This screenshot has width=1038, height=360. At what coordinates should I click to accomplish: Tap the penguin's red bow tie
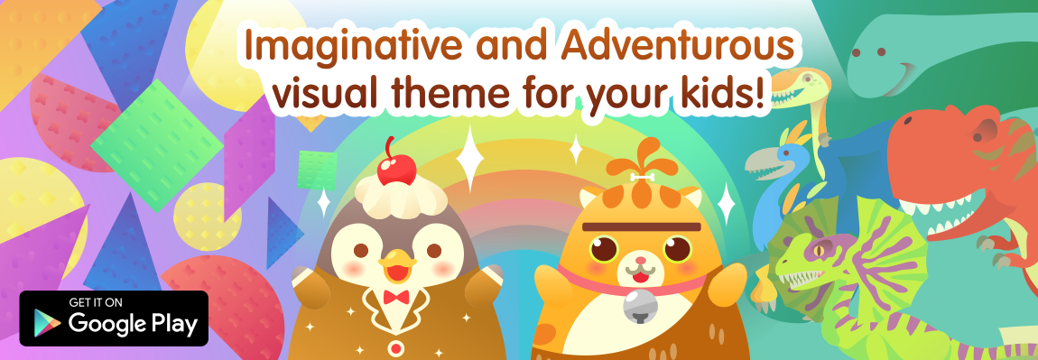click(396, 297)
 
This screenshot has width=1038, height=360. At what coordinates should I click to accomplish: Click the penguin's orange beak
click(396, 268)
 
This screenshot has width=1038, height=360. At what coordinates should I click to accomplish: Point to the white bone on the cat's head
click(641, 177)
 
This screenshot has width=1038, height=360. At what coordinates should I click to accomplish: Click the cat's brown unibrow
click(641, 227)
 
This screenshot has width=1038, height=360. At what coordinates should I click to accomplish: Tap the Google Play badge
click(114, 318)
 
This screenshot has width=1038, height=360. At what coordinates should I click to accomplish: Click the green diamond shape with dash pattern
click(157, 145)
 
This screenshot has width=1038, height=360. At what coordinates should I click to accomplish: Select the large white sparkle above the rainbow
click(470, 160)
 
